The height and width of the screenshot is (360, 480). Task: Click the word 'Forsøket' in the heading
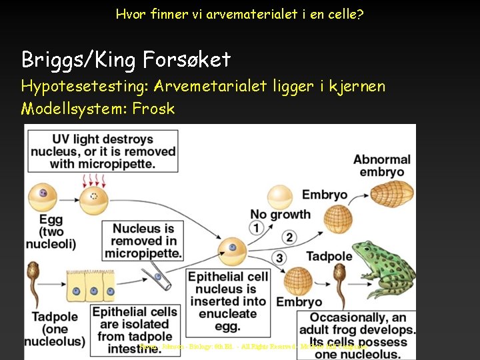pos(187,60)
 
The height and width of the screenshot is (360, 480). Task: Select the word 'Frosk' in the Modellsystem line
pos(153,109)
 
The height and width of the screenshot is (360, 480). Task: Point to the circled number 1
pos(256,229)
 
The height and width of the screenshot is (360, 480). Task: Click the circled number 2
pos(289,237)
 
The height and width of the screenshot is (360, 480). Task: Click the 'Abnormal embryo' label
pos(382,165)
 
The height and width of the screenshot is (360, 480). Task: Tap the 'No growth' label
pos(280,214)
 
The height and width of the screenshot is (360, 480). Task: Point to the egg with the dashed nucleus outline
pos(94,197)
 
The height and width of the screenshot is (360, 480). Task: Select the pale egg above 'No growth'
pos(280,197)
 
